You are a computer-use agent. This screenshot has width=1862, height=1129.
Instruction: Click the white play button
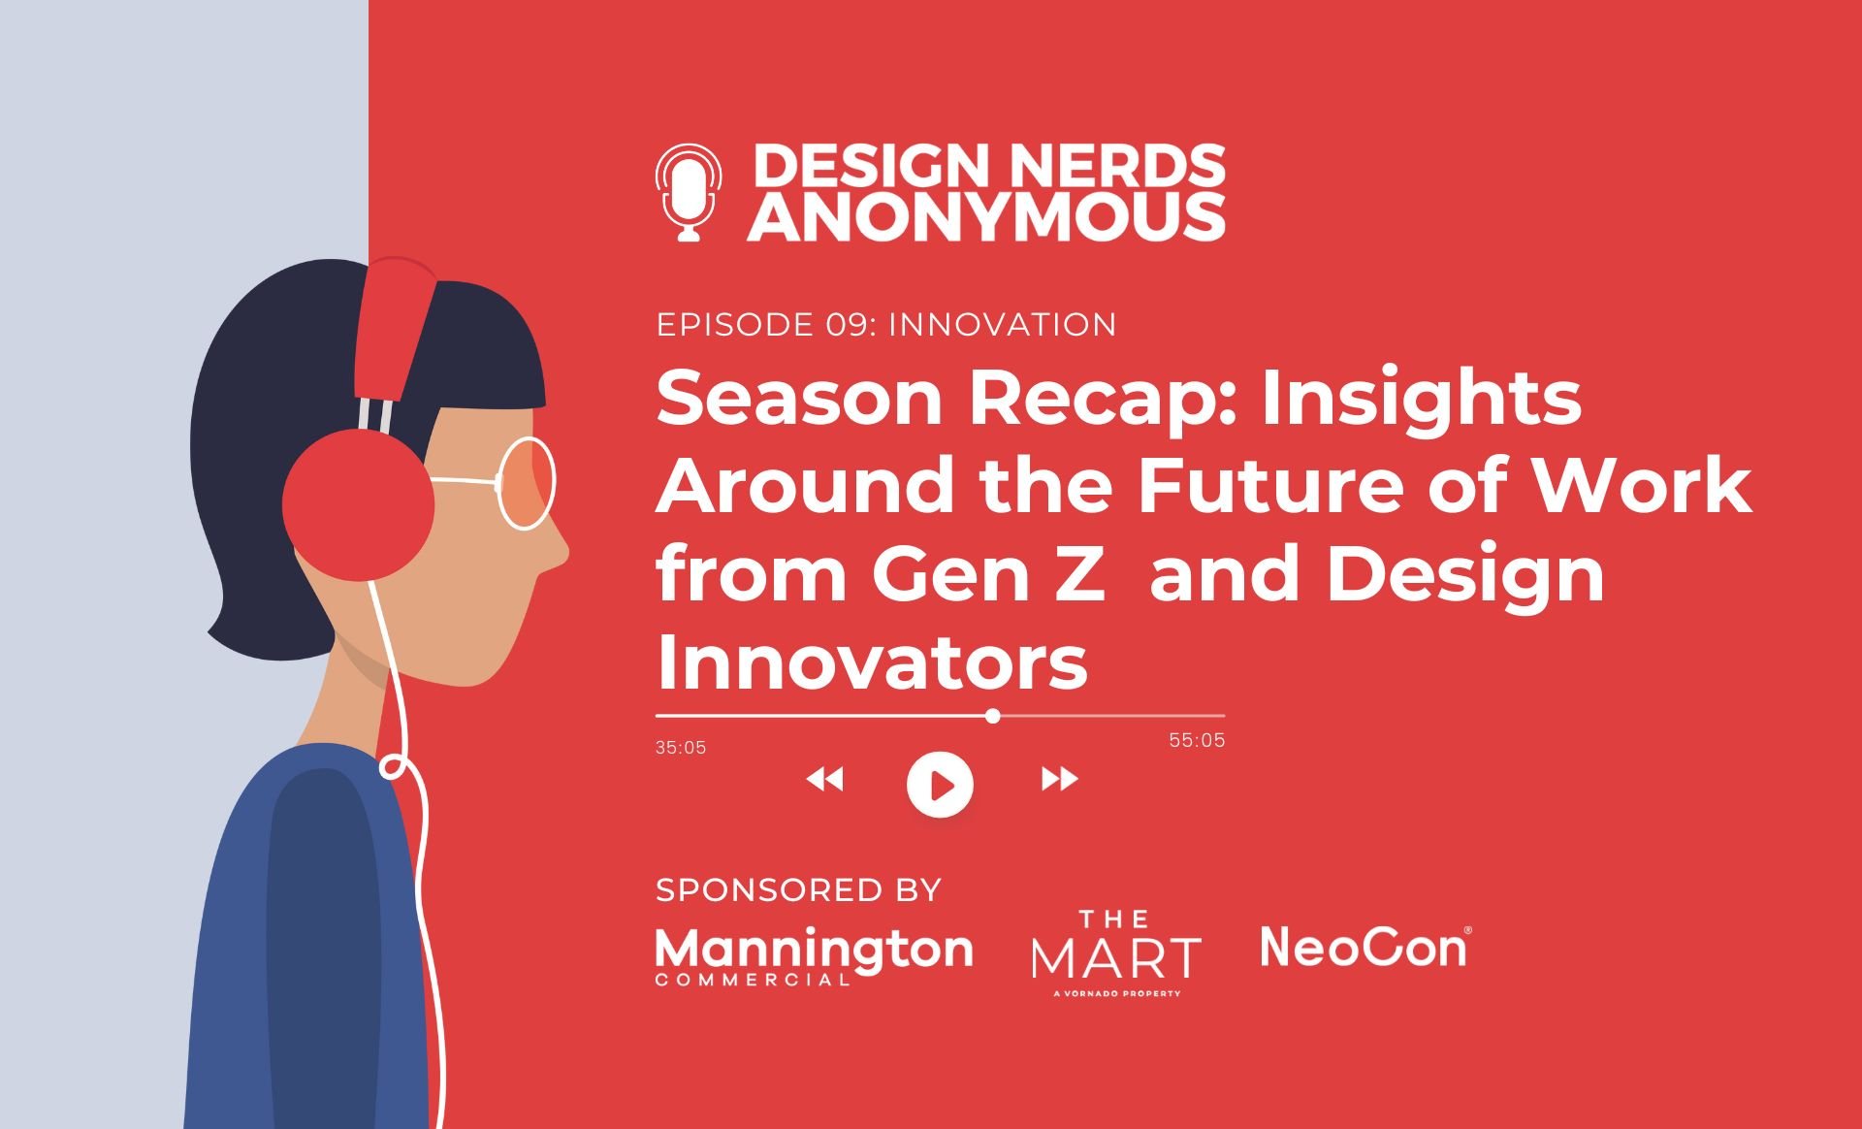[x=940, y=784]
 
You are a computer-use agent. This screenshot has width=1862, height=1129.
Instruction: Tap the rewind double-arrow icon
[x=825, y=779]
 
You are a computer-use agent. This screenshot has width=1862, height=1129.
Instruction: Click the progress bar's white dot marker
[x=992, y=716]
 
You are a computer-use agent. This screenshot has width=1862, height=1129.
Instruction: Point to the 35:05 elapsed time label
[x=681, y=748]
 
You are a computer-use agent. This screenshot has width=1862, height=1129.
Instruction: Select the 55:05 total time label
[x=1197, y=740]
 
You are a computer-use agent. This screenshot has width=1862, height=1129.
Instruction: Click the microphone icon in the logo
[x=689, y=192]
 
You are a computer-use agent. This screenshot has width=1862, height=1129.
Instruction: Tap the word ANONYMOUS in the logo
[x=986, y=216]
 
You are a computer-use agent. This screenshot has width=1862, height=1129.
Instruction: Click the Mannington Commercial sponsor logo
[x=814, y=954]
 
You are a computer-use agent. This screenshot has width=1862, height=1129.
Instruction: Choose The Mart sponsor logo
[x=1115, y=952]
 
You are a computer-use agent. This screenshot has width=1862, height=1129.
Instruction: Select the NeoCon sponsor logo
[x=1364, y=947]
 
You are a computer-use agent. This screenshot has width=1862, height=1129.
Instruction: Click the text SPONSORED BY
[x=798, y=889]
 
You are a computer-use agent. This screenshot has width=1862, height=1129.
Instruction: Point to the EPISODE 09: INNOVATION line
[x=885, y=324]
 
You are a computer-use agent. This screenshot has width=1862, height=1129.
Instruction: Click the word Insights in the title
[x=1421, y=398]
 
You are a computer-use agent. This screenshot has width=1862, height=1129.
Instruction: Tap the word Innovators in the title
[x=872, y=663]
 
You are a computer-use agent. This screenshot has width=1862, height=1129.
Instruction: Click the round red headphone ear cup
[x=358, y=504]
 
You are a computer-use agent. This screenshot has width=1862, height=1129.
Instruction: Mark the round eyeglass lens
[x=527, y=482]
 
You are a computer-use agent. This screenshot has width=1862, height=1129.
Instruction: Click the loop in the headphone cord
[x=392, y=768]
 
